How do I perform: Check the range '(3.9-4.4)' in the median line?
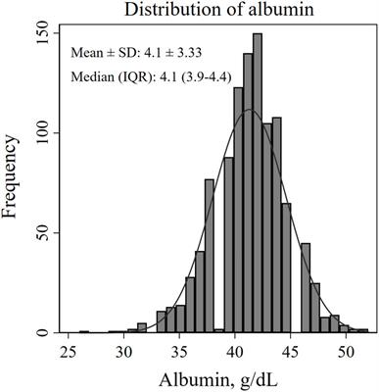[199, 74]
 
